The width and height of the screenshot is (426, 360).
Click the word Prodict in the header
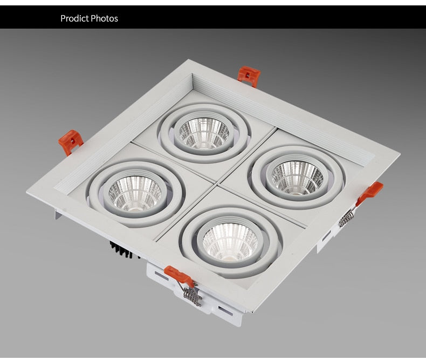pyautogui.click(x=74, y=18)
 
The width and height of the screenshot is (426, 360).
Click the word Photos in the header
pyautogui.click(x=104, y=18)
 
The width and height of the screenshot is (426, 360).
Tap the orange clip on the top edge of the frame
pyautogui.click(x=249, y=75)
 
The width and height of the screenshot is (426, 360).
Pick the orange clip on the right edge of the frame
pyautogui.click(x=370, y=192)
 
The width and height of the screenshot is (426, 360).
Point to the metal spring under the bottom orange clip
pyautogui.click(x=192, y=295)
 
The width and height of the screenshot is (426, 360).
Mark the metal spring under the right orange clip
pyautogui.click(x=347, y=218)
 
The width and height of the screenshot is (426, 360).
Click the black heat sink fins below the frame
pyautogui.click(x=122, y=250)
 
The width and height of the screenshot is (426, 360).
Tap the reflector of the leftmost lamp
pyautogui.click(x=135, y=193)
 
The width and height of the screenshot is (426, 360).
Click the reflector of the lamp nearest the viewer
pyautogui.click(x=230, y=241)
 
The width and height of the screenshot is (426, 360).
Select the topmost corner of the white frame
pyautogui.click(x=187, y=60)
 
